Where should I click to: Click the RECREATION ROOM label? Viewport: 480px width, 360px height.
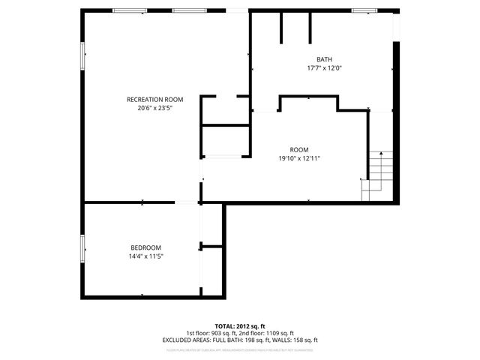pos(154,100)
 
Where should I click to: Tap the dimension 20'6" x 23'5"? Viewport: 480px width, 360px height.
pos(154,108)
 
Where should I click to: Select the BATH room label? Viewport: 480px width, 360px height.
pos(324,59)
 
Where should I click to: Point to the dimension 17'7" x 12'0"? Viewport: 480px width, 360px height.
pos(324,67)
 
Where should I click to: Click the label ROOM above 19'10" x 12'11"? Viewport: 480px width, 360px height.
pos(299,149)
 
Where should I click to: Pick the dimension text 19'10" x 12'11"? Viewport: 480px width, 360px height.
pos(299,157)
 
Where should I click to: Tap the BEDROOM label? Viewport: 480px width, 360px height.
pos(145,247)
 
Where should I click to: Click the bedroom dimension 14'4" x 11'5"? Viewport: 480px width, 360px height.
pos(145,256)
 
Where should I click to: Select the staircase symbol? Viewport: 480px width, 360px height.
pos(378,176)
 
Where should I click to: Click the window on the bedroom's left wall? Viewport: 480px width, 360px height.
pos(82,248)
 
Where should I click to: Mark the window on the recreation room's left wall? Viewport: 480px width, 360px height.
pos(82,55)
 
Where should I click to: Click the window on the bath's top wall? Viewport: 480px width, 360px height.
pos(364,10)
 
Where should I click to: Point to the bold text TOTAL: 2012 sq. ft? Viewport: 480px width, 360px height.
pos(240,326)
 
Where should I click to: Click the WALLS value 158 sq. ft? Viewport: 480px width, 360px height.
pos(303,340)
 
